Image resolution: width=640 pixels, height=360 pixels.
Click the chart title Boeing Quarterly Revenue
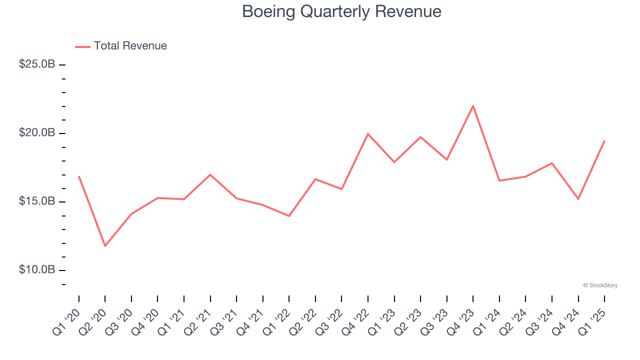[x=341, y=11]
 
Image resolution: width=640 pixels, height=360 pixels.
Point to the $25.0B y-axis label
[x=37, y=64]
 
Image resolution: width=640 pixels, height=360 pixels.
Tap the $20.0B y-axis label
[x=37, y=133]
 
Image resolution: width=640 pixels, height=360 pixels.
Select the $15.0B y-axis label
[x=37, y=201]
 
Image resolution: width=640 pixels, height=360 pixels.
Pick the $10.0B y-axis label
[x=37, y=270]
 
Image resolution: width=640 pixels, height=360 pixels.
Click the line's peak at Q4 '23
[x=473, y=105]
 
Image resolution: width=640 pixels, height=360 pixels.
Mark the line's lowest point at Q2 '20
[x=105, y=246]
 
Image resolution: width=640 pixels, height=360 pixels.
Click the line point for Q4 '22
[x=368, y=133]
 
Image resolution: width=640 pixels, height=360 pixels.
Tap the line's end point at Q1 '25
[x=604, y=140]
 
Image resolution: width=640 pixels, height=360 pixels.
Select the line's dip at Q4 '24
[x=578, y=199]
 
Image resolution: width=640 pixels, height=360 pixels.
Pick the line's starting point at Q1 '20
[x=79, y=176]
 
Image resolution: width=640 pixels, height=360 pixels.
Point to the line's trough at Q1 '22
[x=289, y=216]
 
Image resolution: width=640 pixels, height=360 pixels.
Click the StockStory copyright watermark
[x=600, y=285]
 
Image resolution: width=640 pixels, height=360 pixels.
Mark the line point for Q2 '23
[x=420, y=136]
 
